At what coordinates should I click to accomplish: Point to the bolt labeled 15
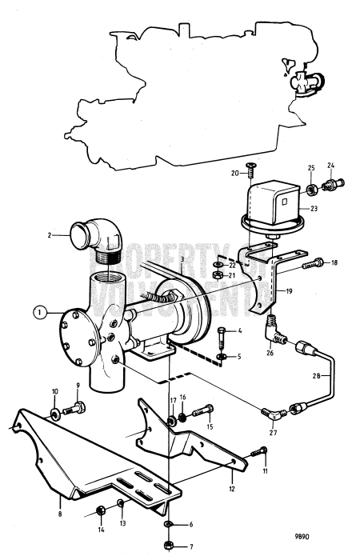pyautogui.click(x=205, y=412)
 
